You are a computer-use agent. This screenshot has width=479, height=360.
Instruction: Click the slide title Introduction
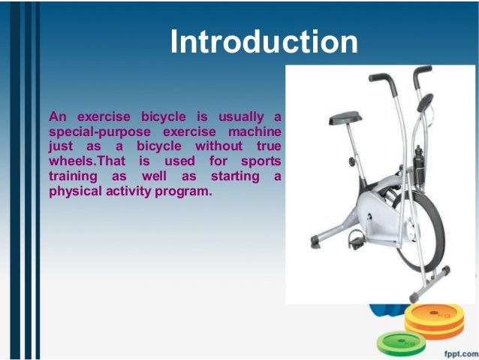pyautogui.click(x=264, y=43)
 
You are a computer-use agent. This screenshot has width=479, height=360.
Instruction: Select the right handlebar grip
pyautogui.click(x=422, y=72)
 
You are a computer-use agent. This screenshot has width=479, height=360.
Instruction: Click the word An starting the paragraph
pyautogui.click(x=56, y=116)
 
